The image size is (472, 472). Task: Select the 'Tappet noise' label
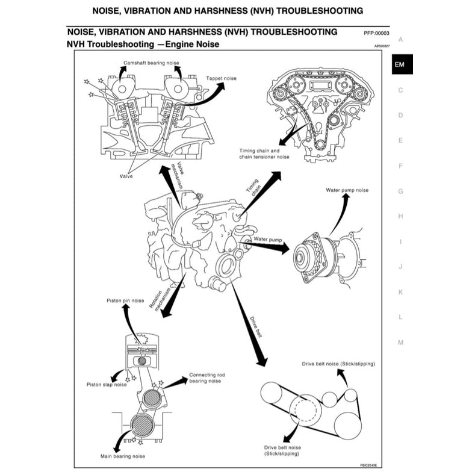click(x=222, y=78)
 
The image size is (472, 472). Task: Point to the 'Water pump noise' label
click(x=347, y=190)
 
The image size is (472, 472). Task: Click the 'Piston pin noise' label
click(x=125, y=300)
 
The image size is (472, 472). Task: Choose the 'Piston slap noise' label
click(x=107, y=384)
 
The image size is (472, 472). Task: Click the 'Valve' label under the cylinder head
click(x=126, y=176)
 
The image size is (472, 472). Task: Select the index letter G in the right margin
click(x=400, y=191)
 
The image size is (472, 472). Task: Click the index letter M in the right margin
click(x=400, y=342)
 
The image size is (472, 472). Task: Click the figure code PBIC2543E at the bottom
click(x=371, y=465)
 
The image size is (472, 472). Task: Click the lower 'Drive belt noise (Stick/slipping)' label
click(x=283, y=451)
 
